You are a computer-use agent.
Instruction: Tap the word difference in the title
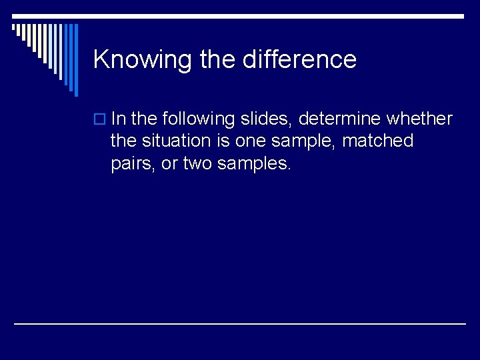[x=300, y=59]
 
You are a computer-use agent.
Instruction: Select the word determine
[x=339, y=119]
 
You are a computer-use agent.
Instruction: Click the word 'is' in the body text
[x=223, y=141]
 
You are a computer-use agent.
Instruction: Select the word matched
[x=378, y=141]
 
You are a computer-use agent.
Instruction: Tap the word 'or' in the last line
[x=169, y=163]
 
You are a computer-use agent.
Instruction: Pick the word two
[x=197, y=163]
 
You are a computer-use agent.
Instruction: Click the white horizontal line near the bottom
[x=240, y=323]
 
